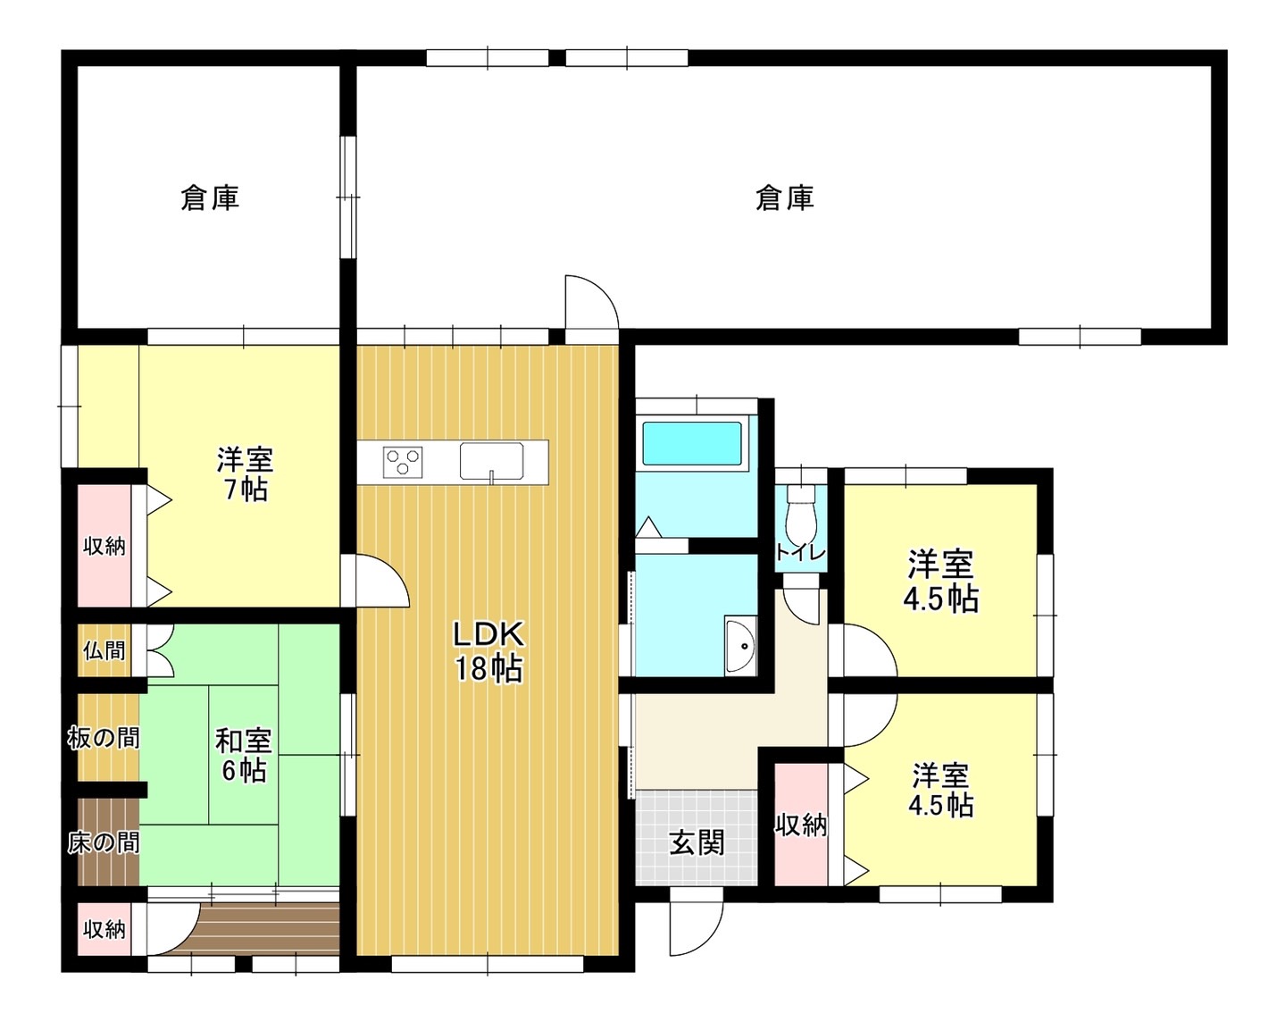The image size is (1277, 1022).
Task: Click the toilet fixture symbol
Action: [801, 513]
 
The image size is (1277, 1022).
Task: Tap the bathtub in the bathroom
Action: [692, 443]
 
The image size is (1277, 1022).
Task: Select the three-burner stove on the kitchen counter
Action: [403, 461]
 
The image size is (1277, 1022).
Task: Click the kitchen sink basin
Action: [491, 461]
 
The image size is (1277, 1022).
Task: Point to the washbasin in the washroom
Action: [740, 646]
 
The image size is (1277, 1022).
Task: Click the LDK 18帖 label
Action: [488, 651]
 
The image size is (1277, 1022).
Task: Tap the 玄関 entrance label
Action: [697, 843]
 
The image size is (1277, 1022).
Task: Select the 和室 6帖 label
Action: [243, 756]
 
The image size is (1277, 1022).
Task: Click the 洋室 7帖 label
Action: [245, 473]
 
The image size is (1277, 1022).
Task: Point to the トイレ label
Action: [801, 553]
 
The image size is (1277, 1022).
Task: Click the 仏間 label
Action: [104, 651]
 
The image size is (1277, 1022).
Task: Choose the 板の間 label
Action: [104, 739]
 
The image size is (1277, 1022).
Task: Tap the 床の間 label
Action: [104, 842]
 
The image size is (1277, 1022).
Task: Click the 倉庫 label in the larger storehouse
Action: [784, 198]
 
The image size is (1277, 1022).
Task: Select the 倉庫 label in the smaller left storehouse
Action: [210, 198]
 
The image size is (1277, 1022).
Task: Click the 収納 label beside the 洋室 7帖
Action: [104, 546]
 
